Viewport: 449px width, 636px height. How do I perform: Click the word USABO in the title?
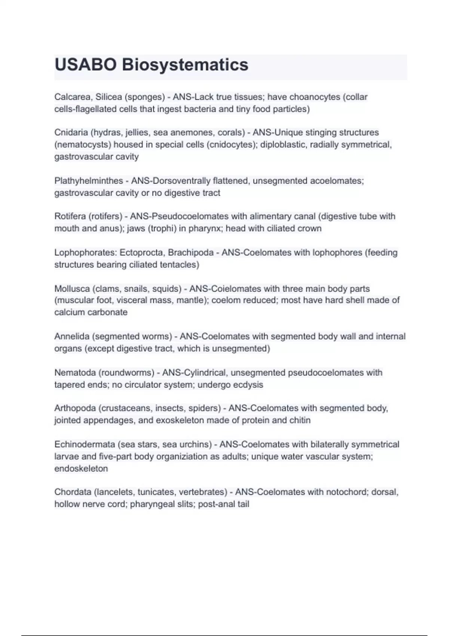(86, 65)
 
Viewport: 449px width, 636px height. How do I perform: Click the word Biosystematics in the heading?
(185, 65)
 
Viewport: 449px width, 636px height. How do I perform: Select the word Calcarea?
(72, 97)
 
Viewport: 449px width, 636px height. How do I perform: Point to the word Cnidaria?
(71, 132)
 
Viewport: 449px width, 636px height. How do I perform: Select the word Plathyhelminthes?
(89, 181)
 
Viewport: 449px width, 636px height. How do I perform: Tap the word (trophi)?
(162, 228)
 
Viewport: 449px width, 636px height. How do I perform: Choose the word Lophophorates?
(86, 253)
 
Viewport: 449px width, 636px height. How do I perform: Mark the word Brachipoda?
(191, 253)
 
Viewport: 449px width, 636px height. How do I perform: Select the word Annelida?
(72, 336)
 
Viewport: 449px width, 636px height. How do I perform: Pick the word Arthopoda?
(75, 408)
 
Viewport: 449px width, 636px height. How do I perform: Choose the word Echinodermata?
(85, 444)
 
